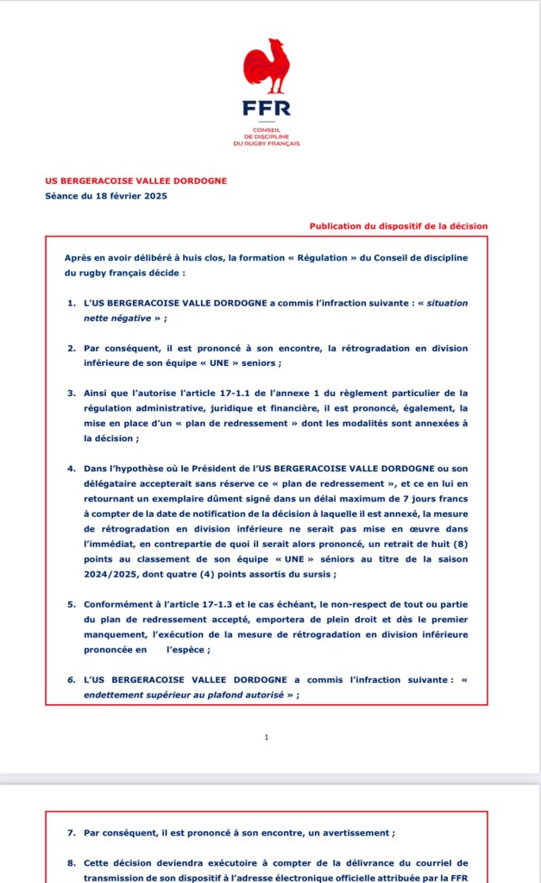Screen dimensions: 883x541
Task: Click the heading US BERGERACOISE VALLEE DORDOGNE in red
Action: (x=135, y=180)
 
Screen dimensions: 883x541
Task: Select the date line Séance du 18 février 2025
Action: (x=106, y=196)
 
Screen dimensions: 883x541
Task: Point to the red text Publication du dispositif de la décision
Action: (x=399, y=226)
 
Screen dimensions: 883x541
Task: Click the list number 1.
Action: (x=72, y=304)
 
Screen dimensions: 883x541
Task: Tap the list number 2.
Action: (x=72, y=348)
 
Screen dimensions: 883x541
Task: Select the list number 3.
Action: (x=72, y=393)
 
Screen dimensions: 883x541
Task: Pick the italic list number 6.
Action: (x=72, y=678)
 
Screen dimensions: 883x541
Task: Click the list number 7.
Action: (x=72, y=833)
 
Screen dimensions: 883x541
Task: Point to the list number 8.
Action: (x=72, y=862)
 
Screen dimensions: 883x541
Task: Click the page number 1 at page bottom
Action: (x=267, y=737)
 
